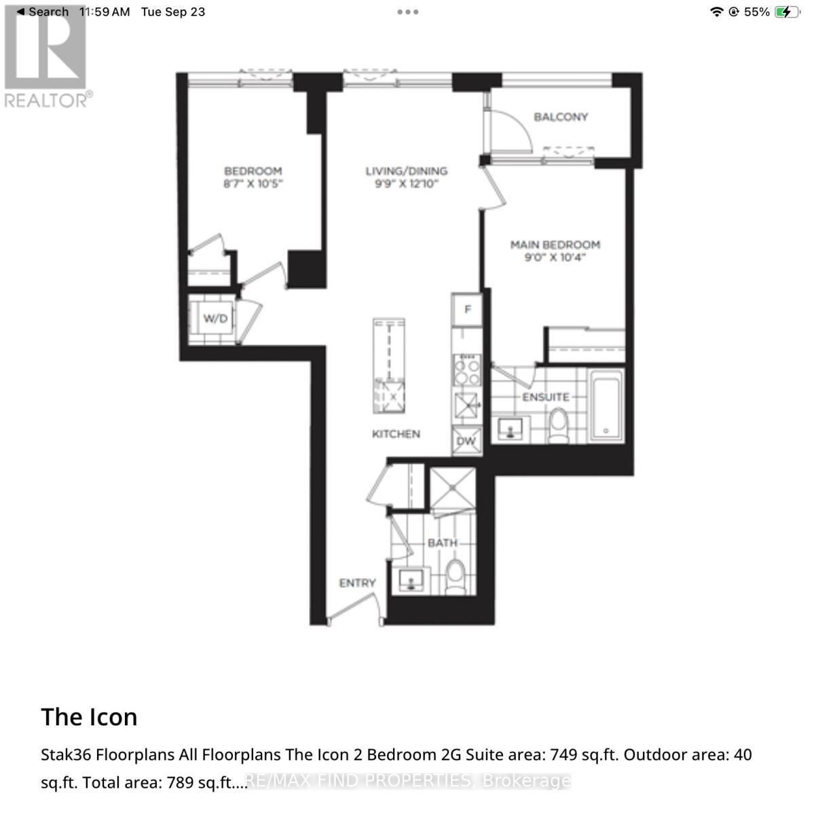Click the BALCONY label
[560, 117]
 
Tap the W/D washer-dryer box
[215, 318]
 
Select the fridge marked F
[467, 310]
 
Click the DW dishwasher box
[466, 441]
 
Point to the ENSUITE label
[545, 397]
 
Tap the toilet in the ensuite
[559, 425]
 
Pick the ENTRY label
[357, 583]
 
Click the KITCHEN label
[396, 433]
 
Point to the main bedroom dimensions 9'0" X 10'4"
[555, 258]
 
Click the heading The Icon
[89, 717]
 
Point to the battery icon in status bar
[787, 12]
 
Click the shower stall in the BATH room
[452, 487]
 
